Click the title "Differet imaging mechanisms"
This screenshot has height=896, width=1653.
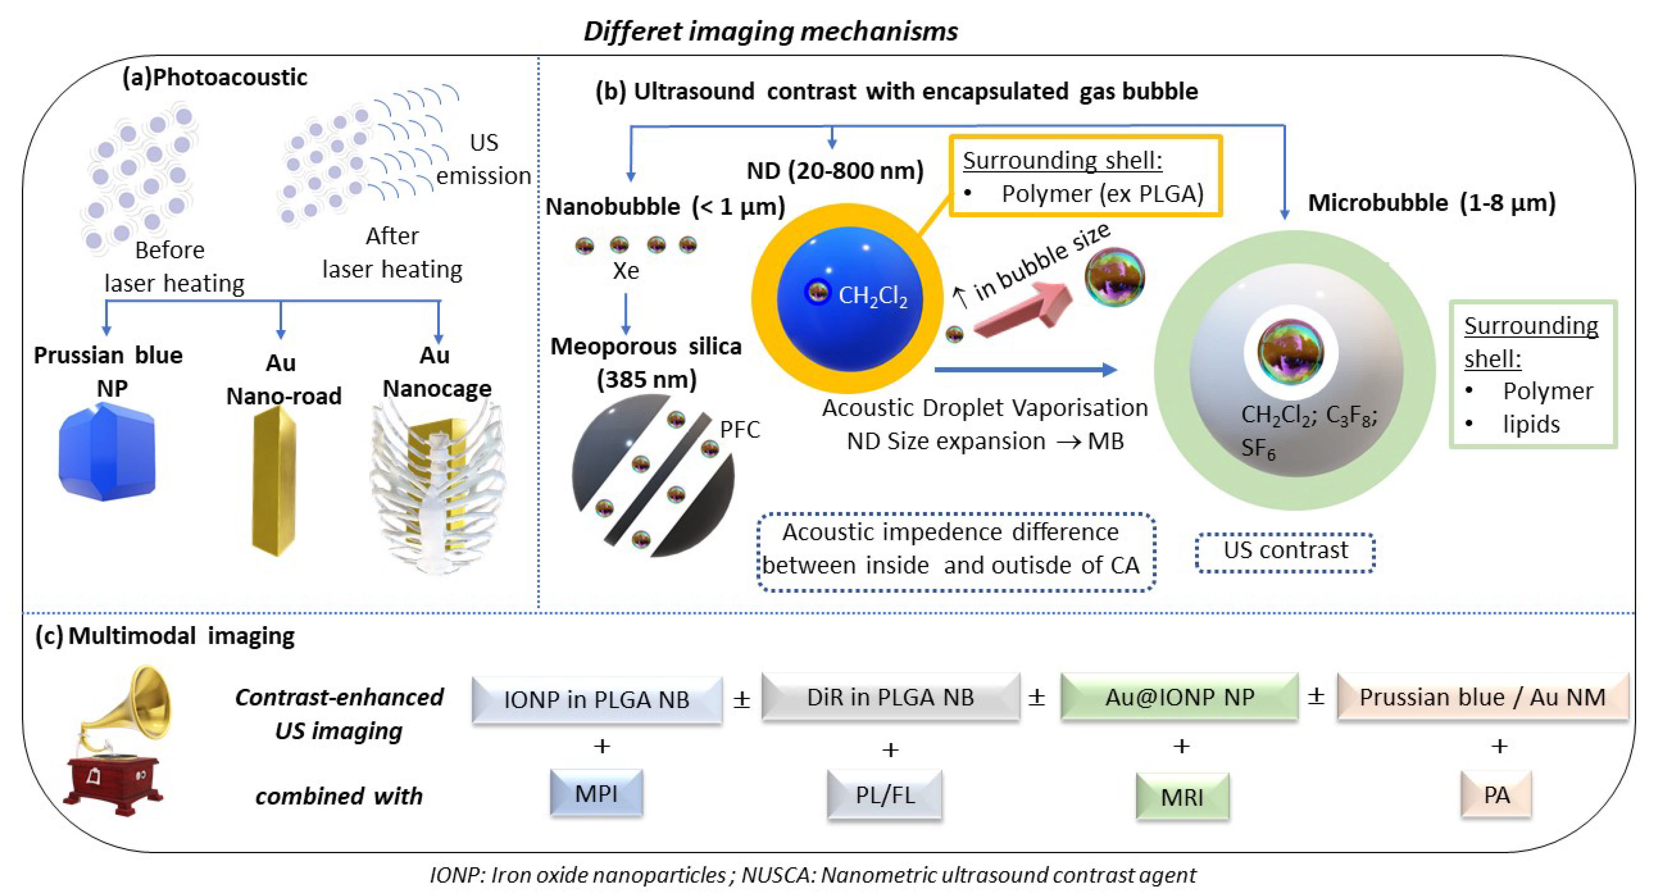(770, 31)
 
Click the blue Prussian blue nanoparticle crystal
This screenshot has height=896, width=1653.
(106, 452)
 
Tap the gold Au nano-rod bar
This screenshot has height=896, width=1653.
(274, 481)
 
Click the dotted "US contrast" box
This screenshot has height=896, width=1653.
(1285, 551)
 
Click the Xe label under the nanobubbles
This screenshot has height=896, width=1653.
(626, 271)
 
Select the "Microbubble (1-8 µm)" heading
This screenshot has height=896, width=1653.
(1432, 203)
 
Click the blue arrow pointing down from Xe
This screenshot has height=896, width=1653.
(626, 314)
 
